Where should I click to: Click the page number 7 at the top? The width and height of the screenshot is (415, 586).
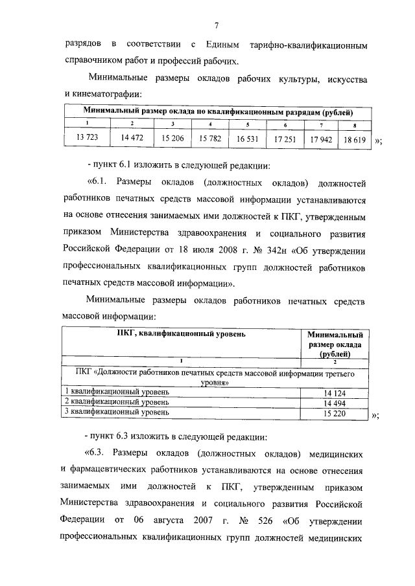[x=216, y=25]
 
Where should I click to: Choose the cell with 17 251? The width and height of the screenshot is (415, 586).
[x=285, y=139]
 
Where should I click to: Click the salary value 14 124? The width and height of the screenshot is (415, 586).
[x=335, y=393]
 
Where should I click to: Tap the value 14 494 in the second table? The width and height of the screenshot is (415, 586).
[x=335, y=403]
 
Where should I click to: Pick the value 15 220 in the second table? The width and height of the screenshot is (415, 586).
[x=335, y=412]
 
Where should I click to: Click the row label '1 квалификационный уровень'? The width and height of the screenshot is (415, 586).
[x=116, y=392]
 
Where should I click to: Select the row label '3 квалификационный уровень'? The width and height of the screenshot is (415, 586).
[x=116, y=411]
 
